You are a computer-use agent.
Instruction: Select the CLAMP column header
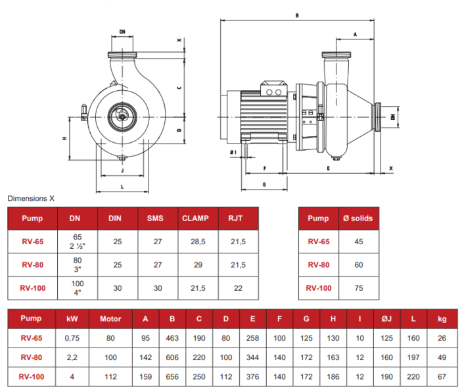[x=195, y=219]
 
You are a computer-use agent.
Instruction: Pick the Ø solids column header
[x=359, y=219]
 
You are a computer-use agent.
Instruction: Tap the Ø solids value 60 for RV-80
[x=359, y=265]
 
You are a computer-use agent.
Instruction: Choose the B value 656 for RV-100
[x=172, y=377]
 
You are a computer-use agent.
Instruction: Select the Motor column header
[x=110, y=319]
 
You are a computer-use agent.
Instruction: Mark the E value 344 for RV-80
[x=253, y=358]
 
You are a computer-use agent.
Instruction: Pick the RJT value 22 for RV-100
[x=238, y=288]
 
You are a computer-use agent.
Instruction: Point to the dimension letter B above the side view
[x=297, y=14]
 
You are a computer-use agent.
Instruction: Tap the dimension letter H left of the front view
[x=64, y=138]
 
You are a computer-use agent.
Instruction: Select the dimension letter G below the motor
[x=264, y=186]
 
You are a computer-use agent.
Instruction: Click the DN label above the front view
[x=123, y=32]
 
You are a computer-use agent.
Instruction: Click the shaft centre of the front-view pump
[x=122, y=116]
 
